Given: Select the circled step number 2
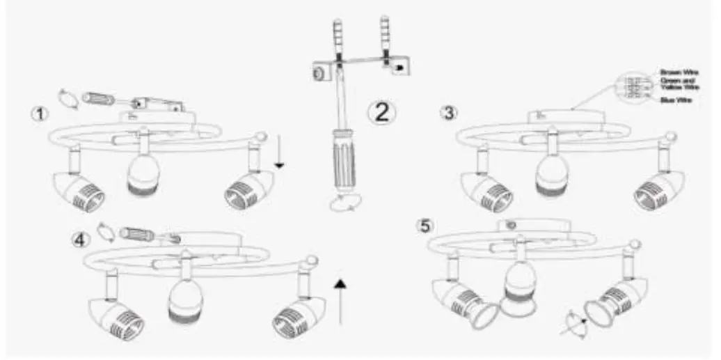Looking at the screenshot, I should pyautogui.click(x=381, y=111).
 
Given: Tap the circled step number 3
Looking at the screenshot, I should pyautogui.click(x=449, y=111).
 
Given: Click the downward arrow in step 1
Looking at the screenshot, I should pyautogui.click(x=279, y=152).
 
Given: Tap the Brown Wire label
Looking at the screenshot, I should pyautogui.click(x=680, y=71).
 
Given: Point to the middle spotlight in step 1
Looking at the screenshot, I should pyautogui.click(x=143, y=173).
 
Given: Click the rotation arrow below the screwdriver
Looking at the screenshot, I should pyautogui.click(x=345, y=201).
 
